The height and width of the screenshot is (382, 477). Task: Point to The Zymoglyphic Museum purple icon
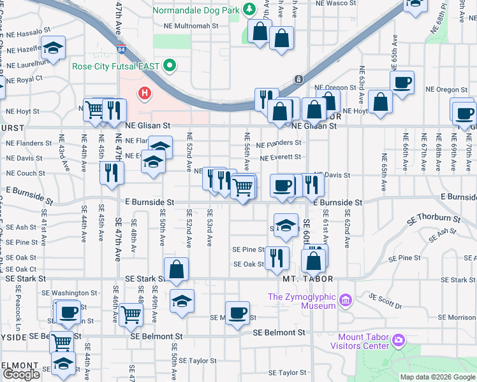tap(346, 300)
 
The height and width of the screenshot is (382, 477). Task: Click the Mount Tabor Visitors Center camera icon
tap(399, 340)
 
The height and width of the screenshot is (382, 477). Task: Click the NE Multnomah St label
tap(191, 27)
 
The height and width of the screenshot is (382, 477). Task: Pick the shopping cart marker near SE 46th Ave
tap(131, 313)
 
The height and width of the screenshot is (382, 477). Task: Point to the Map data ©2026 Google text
tap(437, 377)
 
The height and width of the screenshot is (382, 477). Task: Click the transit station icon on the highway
tap(298, 80)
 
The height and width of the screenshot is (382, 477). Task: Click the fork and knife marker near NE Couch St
tap(112, 172)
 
